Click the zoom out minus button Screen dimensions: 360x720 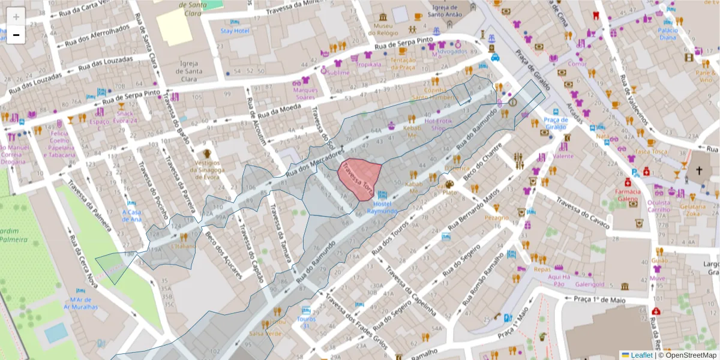pos(16,35)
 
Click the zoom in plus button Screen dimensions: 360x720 pos(16,17)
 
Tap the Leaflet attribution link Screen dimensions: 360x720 pos(641,355)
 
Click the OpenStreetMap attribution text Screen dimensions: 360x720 pos(688,355)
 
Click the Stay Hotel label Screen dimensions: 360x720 pos(235,31)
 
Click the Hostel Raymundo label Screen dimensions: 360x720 pos(382,207)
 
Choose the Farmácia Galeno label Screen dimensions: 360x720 pos(627,196)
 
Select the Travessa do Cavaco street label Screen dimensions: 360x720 pos(582,214)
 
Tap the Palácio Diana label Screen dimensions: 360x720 pos(668,33)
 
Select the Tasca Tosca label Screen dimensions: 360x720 pos(651,151)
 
